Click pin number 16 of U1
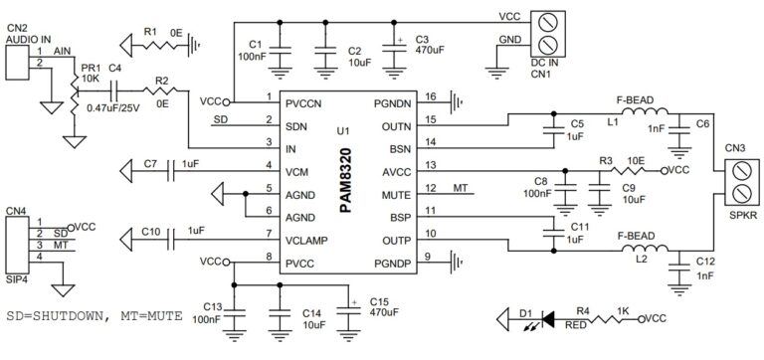point(430,97)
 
